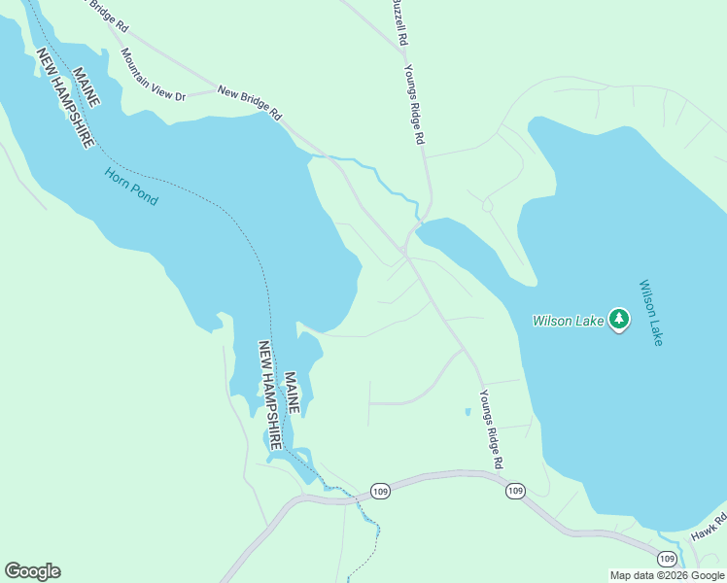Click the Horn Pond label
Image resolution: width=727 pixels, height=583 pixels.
tap(131, 188)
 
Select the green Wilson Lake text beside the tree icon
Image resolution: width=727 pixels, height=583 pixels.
tap(569, 321)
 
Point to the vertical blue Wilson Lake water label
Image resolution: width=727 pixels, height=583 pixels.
tap(650, 314)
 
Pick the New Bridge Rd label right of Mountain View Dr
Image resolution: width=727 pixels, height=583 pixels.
tap(249, 103)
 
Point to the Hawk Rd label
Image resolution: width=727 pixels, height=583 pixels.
tap(709, 529)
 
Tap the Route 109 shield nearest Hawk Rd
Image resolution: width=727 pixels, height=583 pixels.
tap(666, 559)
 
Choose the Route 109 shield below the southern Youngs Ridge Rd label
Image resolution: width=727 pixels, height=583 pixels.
tap(514, 491)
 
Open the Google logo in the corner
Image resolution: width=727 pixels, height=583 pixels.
tap(32, 571)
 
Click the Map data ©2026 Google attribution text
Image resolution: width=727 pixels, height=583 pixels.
tap(667, 575)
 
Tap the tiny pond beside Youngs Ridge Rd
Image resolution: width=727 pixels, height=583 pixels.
tap(467, 412)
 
